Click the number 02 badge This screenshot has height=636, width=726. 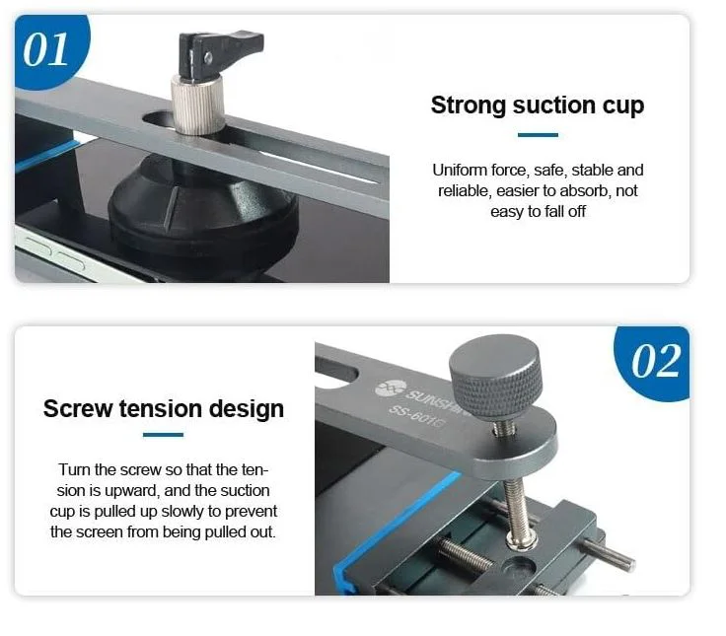[654, 362]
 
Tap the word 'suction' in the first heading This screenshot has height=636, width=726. [553, 106]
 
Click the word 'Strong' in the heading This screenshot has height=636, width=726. [469, 106]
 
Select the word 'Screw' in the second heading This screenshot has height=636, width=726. [78, 409]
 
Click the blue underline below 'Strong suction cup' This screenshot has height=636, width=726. [538, 135]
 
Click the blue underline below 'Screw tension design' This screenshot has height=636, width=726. [163, 435]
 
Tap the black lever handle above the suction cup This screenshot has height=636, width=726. [219, 53]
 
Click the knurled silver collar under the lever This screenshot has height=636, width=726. [198, 106]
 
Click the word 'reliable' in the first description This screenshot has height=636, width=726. [464, 190]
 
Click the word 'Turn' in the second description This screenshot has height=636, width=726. [75, 469]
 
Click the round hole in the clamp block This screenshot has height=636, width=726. [520, 566]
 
